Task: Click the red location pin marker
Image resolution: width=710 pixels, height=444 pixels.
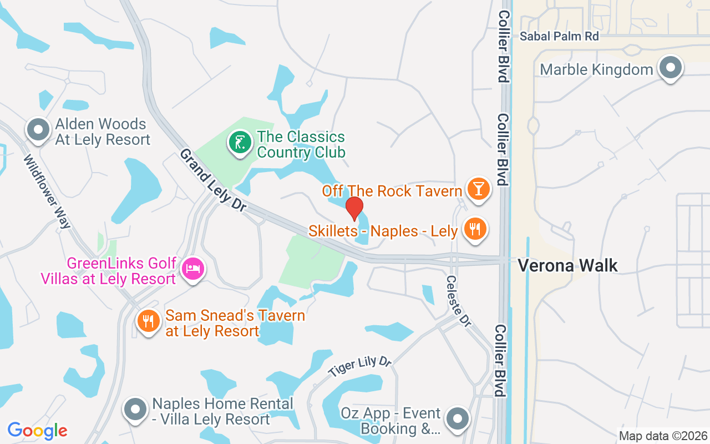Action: click(x=354, y=208)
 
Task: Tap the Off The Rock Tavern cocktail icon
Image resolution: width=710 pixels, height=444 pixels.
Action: click(x=478, y=189)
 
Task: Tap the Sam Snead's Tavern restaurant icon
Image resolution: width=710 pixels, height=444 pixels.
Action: click(x=148, y=321)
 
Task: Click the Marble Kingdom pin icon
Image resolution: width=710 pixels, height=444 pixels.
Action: click(x=670, y=68)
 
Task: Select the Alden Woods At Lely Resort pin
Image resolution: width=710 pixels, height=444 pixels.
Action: click(x=38, y=130)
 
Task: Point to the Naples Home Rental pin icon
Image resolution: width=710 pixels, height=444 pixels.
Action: click(x=135, y=410)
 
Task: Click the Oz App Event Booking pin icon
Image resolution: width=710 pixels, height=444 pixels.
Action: click(x=457, y=420)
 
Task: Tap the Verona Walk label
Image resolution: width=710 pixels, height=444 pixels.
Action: click(x=567, y=265)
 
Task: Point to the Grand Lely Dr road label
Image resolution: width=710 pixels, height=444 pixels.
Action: click(x=212, y=180)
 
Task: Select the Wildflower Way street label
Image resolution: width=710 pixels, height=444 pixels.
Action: click(x=47, y=191)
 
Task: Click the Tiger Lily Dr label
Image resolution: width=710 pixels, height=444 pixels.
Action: click(x=359, y=366)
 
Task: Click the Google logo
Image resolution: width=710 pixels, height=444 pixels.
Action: click(x=37, y=431)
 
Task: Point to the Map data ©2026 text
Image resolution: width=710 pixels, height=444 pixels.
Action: click(x=663, y=436)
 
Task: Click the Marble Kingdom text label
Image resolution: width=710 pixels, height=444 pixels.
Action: click(x=596, y=69)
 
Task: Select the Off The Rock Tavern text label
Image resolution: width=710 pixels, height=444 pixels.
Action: click(x=392, y=191)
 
